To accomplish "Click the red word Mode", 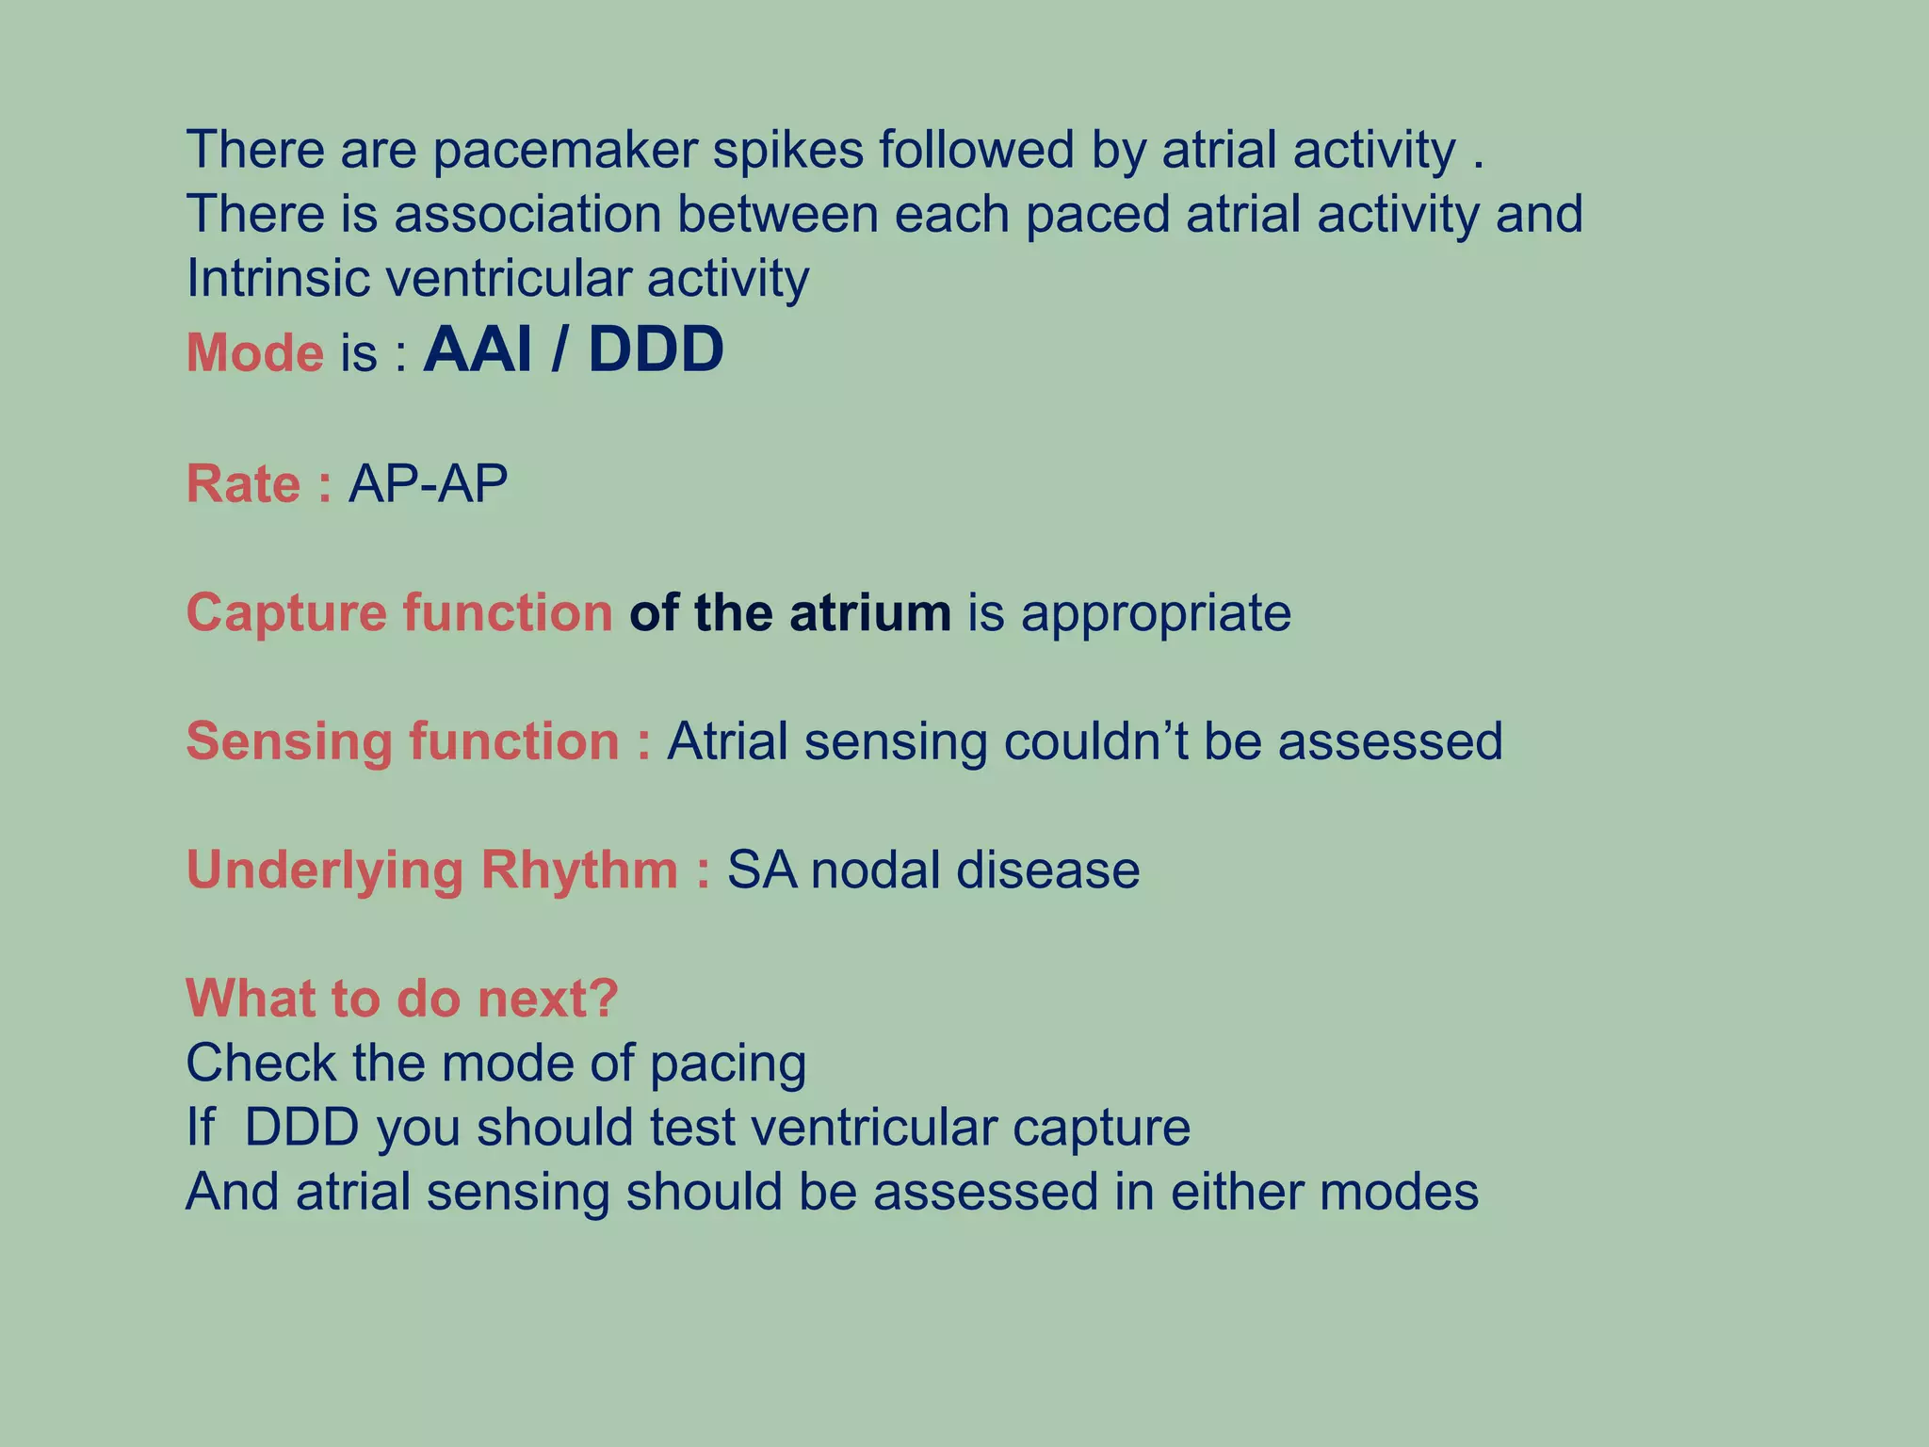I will [254, 353].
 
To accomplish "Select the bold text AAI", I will [478, 350].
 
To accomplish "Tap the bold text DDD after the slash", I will [656, 350].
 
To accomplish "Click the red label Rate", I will [244, 484].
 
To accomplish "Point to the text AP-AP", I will [428, 484].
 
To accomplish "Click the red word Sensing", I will [288, 741].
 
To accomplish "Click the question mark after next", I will [604, 998].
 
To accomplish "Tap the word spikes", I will [787, 150].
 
